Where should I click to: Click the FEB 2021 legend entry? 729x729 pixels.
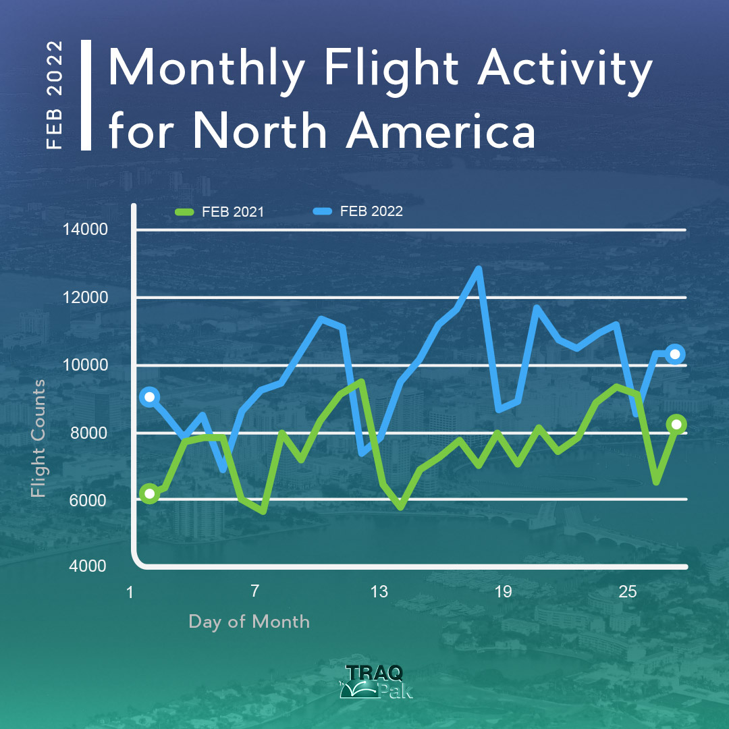[219, 212]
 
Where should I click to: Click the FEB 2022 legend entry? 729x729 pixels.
[358, 211]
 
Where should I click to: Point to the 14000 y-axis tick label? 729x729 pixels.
[86, 230]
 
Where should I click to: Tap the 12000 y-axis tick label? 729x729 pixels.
[86, 297]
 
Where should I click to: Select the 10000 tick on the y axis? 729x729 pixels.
[86, 365]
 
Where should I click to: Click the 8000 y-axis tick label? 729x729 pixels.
[88, 433]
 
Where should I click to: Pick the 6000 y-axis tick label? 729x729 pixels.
[88, 500]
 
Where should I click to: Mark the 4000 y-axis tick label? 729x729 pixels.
[88, 566]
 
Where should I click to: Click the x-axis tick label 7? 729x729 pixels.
[254, 591]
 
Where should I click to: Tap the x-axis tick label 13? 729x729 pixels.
[379, 591]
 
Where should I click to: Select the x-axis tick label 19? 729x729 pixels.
[503, 591]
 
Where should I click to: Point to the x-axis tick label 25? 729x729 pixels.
[628, 591]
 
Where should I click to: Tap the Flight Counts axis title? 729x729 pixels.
[38, 439]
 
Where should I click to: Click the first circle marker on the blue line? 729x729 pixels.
[150, 397]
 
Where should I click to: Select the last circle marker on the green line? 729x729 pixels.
[676, 424]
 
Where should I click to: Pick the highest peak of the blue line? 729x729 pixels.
[479, 269]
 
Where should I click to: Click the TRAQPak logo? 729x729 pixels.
[376, 682]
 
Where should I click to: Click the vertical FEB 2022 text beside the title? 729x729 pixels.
[55, 95]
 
